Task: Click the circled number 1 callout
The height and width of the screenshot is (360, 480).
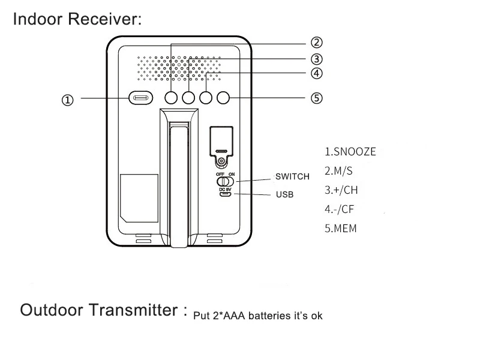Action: (68, 100)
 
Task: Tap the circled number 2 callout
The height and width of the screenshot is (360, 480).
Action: (317, 42)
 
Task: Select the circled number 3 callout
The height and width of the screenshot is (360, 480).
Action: (317, 59)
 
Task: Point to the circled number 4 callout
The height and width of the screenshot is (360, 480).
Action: (317, 73)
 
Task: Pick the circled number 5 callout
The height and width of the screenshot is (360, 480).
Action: (317, 98)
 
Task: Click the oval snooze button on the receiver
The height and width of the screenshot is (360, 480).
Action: (141, 98)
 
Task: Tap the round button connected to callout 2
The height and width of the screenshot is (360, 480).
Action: (171, 98)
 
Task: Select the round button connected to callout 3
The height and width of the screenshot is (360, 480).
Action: (188, 98)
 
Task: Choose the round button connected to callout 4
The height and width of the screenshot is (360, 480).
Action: (206, 98)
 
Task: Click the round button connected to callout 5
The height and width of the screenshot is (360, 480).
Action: (223, 98)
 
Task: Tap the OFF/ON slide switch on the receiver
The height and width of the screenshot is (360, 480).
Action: (225, 182)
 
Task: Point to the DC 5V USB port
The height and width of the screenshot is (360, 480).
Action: (226, 194)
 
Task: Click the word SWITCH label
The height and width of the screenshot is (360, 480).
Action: (292, 176)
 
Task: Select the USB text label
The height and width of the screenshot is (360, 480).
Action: (284, 194)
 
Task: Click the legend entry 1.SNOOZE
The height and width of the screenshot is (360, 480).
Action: (350, 152)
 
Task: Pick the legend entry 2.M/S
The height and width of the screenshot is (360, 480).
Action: (338, 171)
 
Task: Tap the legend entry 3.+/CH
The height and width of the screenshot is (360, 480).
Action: (341, 190)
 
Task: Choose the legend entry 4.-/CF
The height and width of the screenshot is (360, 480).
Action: (339, 209)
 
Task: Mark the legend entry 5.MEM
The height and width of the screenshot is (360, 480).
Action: (341, 229)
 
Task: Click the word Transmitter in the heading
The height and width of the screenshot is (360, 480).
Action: (133, 310)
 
